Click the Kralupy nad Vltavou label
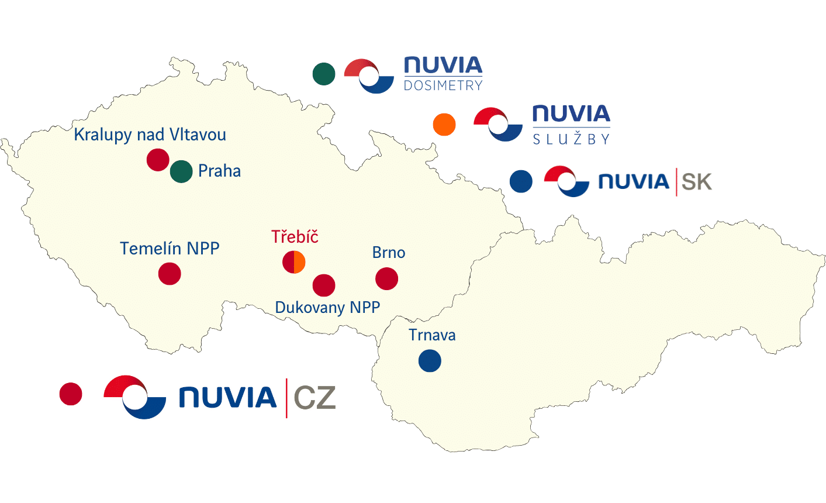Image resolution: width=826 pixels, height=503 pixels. (x=150, y=135)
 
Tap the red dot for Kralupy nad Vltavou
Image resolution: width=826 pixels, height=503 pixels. (x=158, y=160)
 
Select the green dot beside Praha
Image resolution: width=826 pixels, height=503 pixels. (x=181, y=171)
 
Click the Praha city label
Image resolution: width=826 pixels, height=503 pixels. (x=219, y=171)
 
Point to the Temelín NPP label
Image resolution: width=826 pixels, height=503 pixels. (x=170, y=249)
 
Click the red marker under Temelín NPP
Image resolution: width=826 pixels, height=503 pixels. (x=170, y=274)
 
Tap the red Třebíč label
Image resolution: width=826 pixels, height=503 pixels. (x=295, y=237)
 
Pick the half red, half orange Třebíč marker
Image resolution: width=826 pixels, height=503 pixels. (x=294, y=262)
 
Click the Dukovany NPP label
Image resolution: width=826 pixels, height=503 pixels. (x=327, y=308)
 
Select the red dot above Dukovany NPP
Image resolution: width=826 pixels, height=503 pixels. (x=324, y=285)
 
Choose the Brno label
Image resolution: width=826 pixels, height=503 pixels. (x=389, y=253)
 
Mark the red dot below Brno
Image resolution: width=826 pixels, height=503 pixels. (x=386, y=279)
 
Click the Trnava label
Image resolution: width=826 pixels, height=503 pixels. (x=432, y=335)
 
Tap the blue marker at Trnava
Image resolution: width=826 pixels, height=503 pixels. (x=430, y=361)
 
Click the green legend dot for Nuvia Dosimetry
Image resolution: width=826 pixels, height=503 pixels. (x=324, y=74)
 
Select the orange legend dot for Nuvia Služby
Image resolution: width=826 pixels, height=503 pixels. (x=444, y=125)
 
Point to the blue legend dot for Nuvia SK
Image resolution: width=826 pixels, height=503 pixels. (x=521, y=181)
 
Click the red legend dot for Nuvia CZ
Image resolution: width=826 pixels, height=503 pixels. (x=71, y=394)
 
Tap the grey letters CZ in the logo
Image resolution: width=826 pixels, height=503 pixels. (x=314, y=398)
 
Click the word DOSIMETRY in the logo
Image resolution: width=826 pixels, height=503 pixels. (x=443, y=85)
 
